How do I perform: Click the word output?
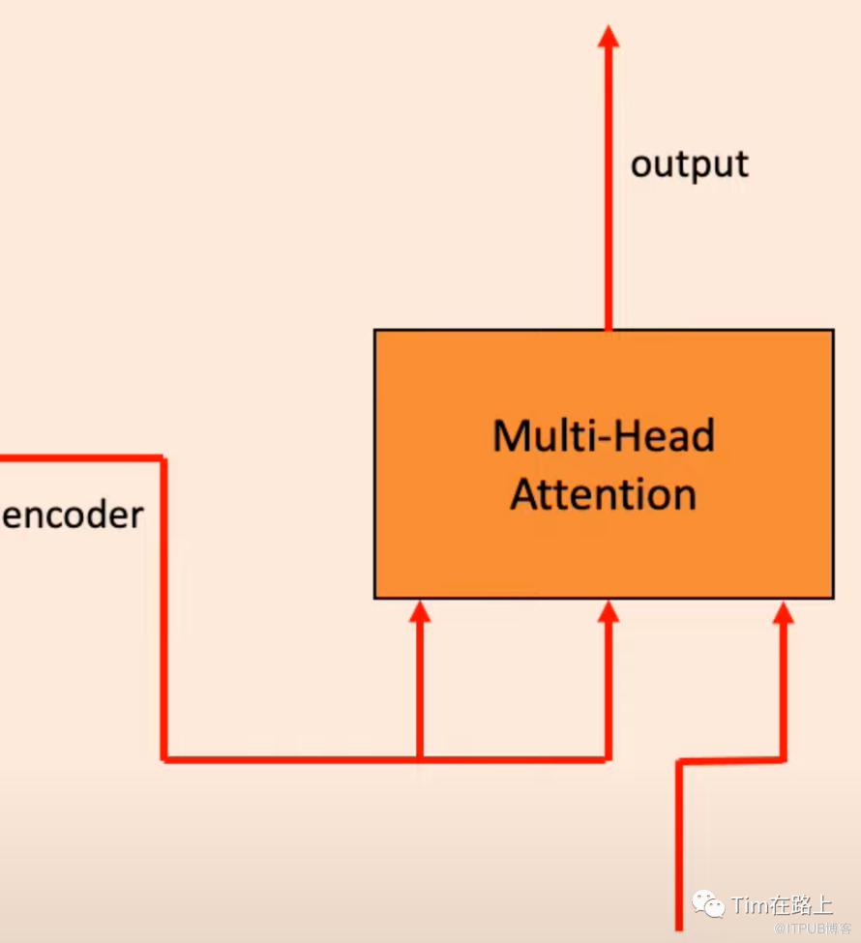(690, 164)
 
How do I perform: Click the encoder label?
(73, 515)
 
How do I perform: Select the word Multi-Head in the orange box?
(604, 435)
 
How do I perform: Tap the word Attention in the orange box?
(604, 494)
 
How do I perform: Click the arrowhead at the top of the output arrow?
(609, 36)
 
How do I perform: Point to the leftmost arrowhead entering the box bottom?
(419, 611)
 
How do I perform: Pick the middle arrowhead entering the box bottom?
(609, 611)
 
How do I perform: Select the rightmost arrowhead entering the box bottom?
(784, 612)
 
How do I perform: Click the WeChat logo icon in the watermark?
(708, 902)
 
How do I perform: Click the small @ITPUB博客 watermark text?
(813, 928)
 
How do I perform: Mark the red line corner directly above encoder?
(163, 458)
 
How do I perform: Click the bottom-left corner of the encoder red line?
(163, 759)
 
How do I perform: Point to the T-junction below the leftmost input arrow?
(419, 759)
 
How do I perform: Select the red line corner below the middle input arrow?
(609, 759)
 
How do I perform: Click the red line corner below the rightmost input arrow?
(784, 760)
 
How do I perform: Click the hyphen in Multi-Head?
(604, 441)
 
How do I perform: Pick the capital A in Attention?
(526, 494)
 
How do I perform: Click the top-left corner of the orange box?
(374, 330)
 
